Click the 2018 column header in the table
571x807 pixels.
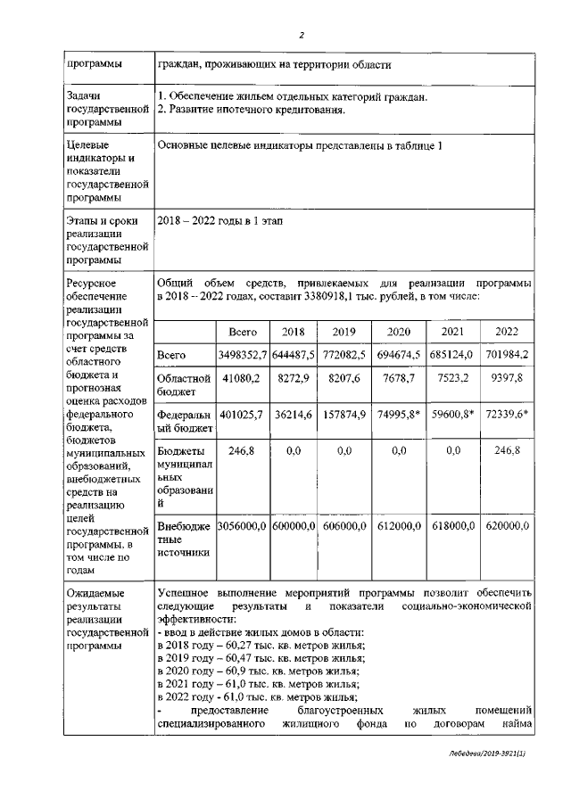pyautogui.click(x=293, y=332)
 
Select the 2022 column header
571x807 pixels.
pyautogui.click(x=507, y=332)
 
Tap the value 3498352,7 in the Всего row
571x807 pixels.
pyautogui.click(x=243, y=355)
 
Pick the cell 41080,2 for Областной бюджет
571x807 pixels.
pyautogui.click(x=243, y=378)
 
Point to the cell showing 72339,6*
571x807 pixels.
pyautogui.click(x=507, y=415)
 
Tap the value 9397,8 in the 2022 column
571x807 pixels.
pyautogui.click(x=507, y=378)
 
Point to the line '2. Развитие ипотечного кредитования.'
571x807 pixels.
pyautogui.click(x=251, y=111)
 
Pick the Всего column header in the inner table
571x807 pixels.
pyautogui.click(x=243, y=332)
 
